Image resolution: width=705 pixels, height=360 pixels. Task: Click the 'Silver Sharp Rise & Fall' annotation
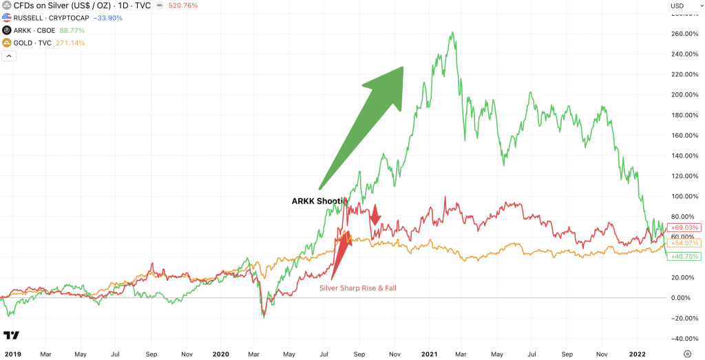(358, 288)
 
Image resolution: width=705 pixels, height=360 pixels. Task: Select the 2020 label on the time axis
(220, 354)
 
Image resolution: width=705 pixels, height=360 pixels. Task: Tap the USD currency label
(677, 6)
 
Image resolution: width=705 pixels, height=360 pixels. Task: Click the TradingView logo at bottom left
(12, 335)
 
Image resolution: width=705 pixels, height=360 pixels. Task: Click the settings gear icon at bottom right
(687, 354)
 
